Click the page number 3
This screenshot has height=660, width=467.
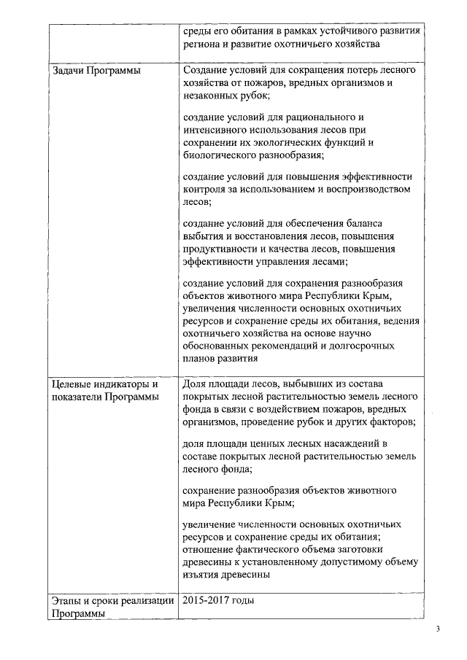[439, 629]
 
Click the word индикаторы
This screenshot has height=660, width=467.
[128, 383]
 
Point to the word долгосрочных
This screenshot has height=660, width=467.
[362, 345]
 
